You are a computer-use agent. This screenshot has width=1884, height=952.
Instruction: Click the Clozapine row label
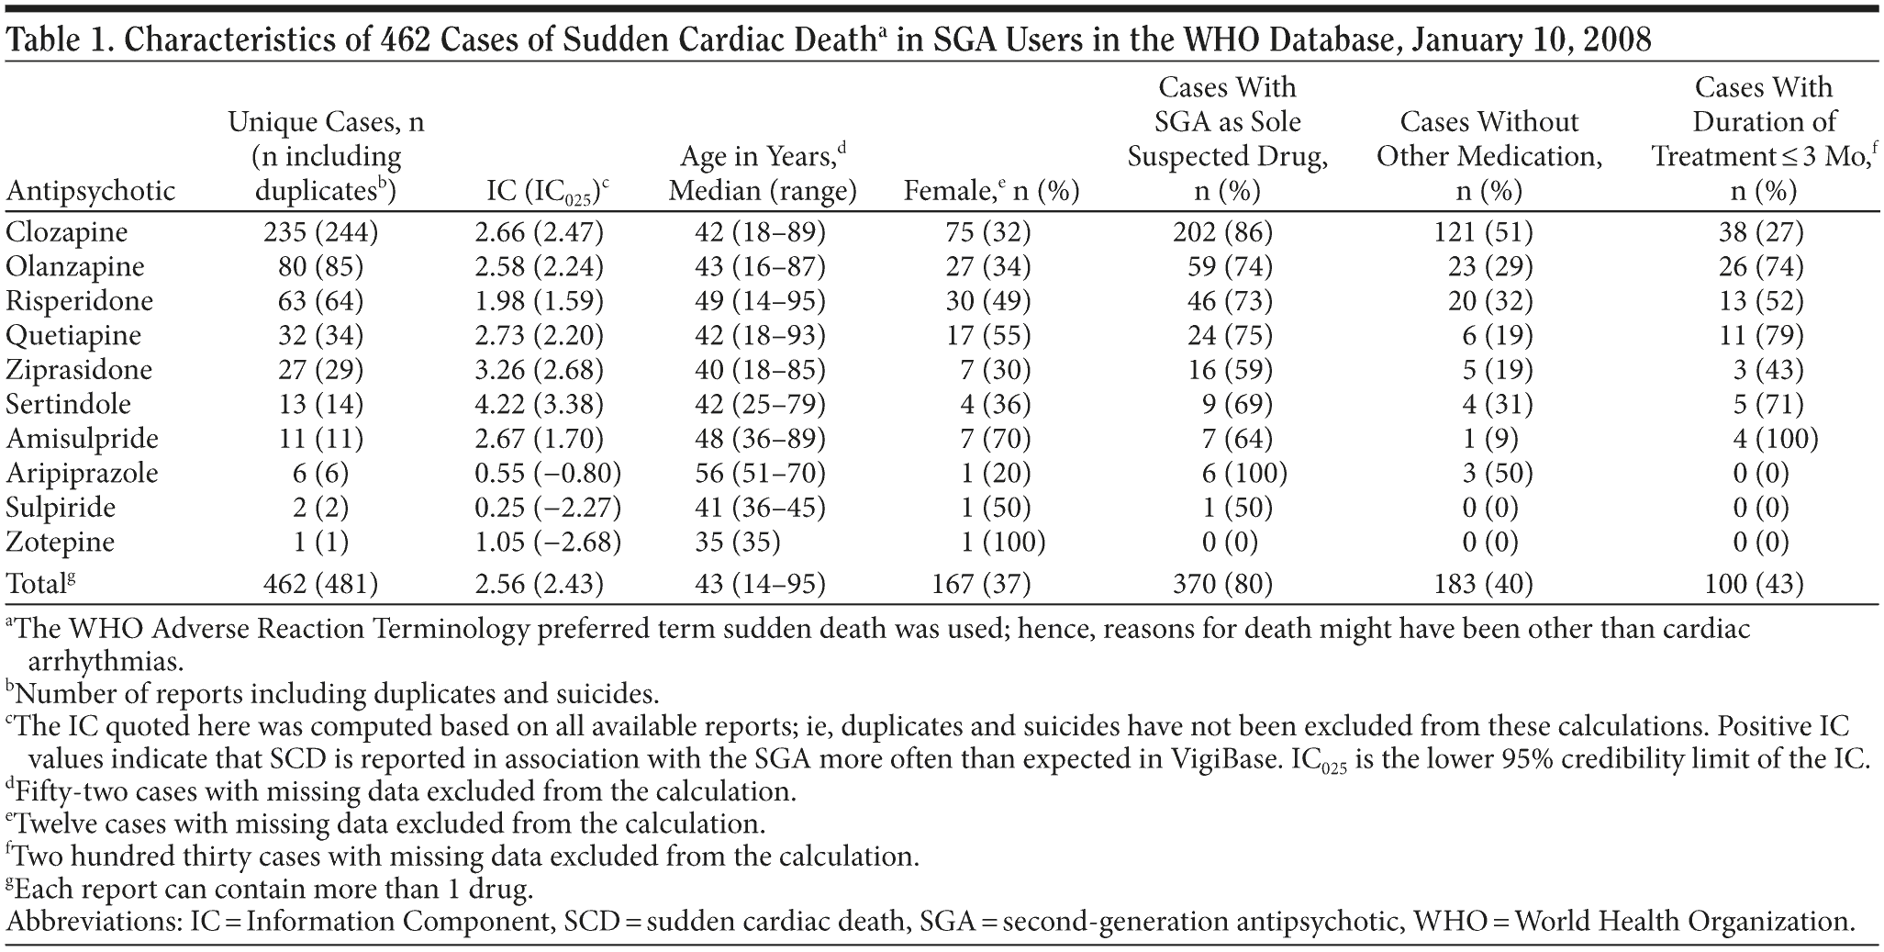click(x=66, y=232)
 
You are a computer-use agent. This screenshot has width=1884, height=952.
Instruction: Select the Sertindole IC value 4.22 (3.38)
click(x=539, y=404)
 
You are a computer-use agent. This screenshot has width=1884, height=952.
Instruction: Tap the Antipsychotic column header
click(x=90, y=191)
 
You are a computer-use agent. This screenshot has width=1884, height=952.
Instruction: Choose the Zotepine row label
click(x=60, y=542)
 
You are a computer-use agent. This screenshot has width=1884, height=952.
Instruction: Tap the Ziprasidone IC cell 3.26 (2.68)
click(x=539, y=370)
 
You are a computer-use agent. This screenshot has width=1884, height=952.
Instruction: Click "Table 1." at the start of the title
click(x=61, y=39)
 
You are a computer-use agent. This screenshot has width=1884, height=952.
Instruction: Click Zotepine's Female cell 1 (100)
click(x=1002, y=542)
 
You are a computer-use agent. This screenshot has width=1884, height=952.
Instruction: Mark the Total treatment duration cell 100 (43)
click(x=1761, y=584)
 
